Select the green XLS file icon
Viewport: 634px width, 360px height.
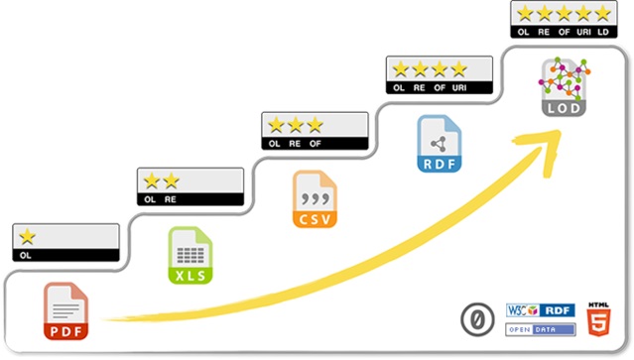[x=189, y=256]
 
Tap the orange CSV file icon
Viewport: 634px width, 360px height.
[x=315, y=199]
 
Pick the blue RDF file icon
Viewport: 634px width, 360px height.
[x=439, y=144]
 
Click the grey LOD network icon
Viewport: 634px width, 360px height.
[x=563, y=87]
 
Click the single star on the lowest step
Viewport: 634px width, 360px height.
[x=27, y=236]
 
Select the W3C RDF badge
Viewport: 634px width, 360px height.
[x=541, y=310]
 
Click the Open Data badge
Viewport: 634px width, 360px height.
[x=541, y=329]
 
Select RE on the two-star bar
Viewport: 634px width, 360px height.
[x=172, y=199]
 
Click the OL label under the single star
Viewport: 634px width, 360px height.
[x=27, y=255]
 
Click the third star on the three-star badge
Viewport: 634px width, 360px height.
[x=316, y=125]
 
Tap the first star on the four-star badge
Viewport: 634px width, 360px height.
[x=400, y=69]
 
